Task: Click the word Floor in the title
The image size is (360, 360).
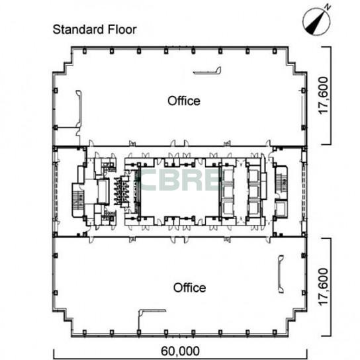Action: [x=122, y=30]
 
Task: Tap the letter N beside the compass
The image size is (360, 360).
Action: [x=328, y=7]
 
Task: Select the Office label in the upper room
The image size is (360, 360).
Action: [x=184, y=101]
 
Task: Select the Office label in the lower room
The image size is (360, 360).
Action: [x=189, y=288]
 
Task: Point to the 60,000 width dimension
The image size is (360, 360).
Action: [x=180, y=351]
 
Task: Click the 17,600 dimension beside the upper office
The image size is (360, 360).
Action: [x=324, y=95]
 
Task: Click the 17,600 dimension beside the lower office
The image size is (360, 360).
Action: [x=324, y=287]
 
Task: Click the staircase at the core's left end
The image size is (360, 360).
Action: [x=78, y=200]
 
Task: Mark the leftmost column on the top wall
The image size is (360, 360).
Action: [x=84, y=51]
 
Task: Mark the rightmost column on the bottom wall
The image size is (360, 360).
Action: [x=275, y=332]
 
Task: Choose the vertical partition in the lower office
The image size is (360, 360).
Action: [x=281, y=274]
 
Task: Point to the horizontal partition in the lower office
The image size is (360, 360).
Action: [x=152, y=310]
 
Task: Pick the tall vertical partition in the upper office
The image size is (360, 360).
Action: [x=79, y=109]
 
